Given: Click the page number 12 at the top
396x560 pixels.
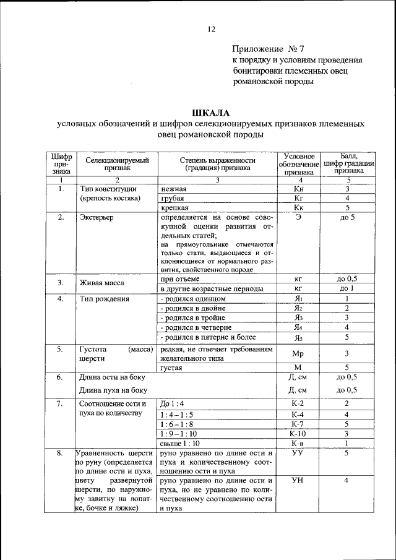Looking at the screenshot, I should pos(210,29).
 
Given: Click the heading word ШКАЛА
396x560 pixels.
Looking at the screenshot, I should pos(210,113).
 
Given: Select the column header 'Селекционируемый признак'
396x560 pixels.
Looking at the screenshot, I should pos(118,163).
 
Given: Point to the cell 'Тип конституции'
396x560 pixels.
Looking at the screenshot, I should pos(108,189).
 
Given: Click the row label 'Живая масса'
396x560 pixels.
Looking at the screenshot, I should pos(101,283).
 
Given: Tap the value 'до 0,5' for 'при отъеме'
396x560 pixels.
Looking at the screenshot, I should pos(347,279).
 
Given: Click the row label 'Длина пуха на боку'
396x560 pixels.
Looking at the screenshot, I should pos(113,390).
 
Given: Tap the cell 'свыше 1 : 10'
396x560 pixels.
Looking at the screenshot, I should pos(181,444).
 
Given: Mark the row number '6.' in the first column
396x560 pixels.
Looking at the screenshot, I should pos(61,377).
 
